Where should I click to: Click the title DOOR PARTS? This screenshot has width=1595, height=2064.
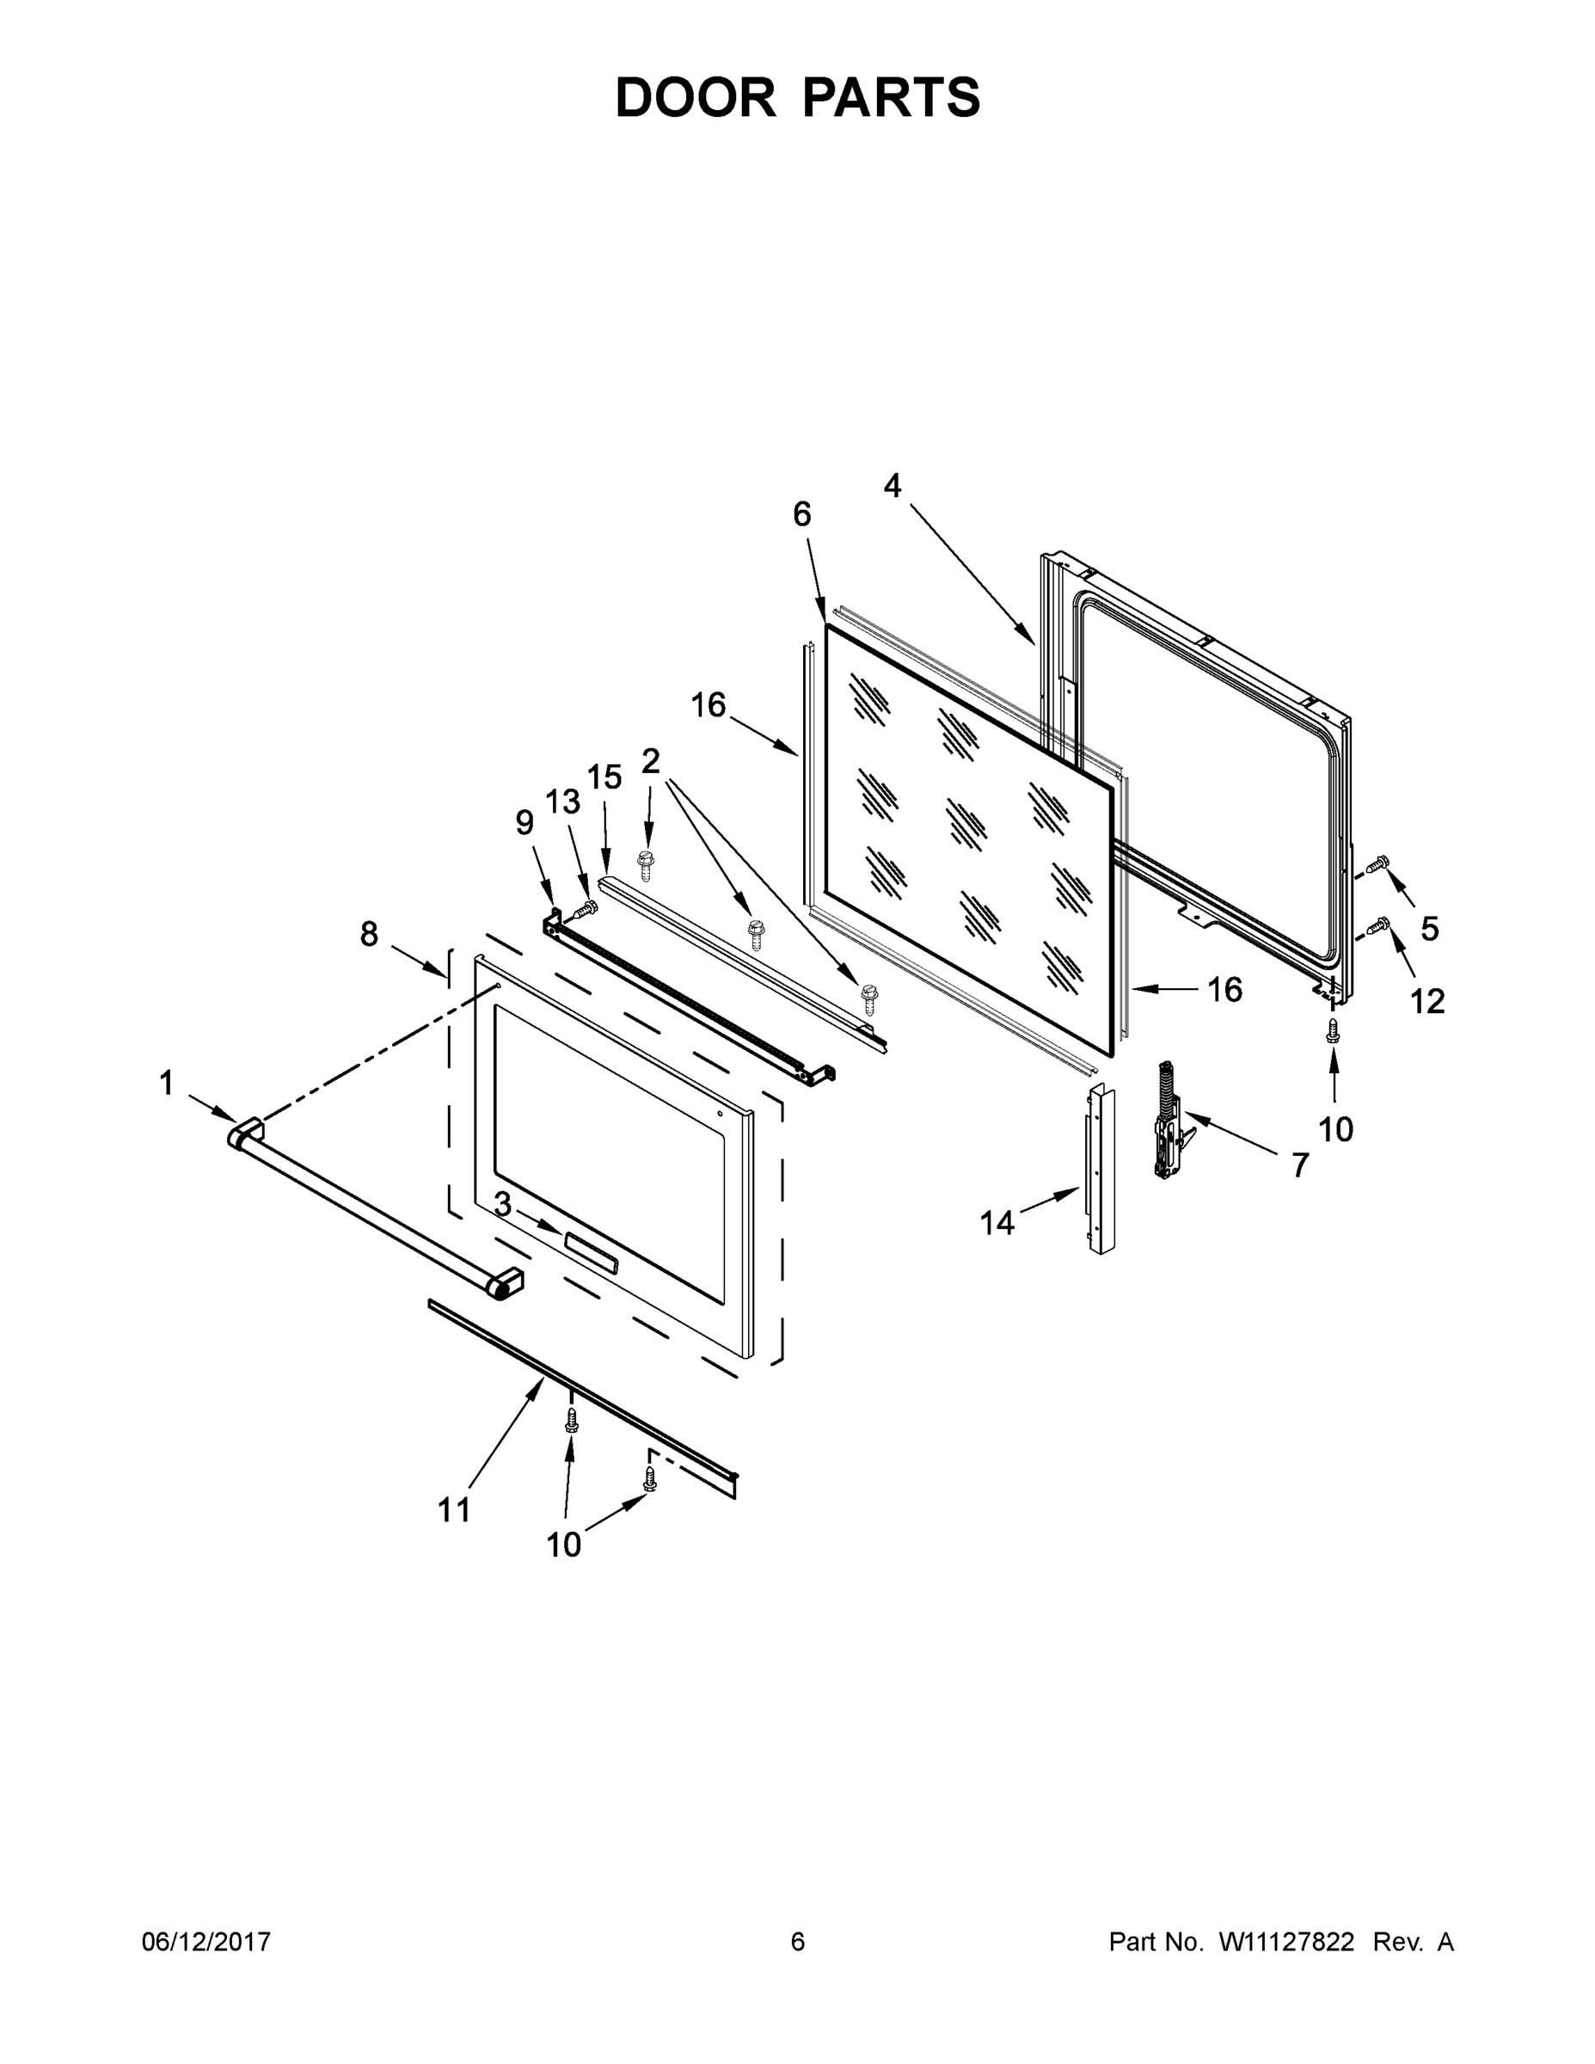[x=798, y=97]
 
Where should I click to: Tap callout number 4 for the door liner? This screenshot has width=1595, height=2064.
[x=892, y=486]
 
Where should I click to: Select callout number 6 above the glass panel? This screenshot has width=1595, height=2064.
[x=801, y=514]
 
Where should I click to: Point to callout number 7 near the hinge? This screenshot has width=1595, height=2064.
[x=1300, y=1165]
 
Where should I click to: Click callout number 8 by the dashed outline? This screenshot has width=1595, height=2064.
[x=369, y=934]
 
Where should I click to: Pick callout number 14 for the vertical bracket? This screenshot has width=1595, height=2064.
[x=997, y=1223]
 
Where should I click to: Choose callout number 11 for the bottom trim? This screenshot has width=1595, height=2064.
[x=455, y=1510]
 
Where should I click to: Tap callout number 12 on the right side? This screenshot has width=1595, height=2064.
[x=1427, y=1001]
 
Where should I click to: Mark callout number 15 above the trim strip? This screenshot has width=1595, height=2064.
[x=604, y=777]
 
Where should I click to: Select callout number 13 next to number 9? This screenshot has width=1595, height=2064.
[x=562, y=802]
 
